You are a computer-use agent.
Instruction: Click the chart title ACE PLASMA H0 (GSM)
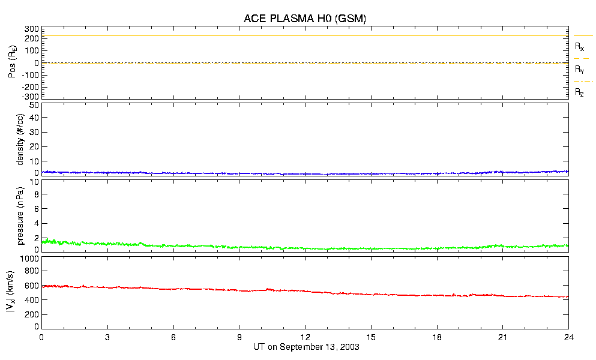304,19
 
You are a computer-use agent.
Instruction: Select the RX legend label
579,47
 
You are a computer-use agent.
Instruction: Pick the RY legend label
579,70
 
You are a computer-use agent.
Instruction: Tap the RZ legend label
579,92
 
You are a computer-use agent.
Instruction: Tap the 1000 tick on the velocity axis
30,259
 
